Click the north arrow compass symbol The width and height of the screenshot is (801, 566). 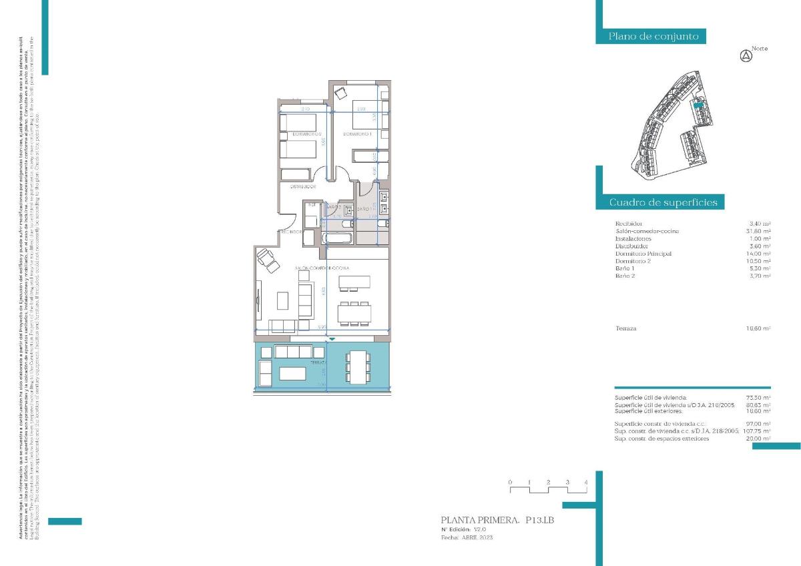click(746, 56)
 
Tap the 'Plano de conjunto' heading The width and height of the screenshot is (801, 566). click(653, 36)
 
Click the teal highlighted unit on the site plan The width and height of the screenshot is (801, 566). click(699, 105)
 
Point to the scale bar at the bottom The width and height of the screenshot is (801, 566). click(547, 490)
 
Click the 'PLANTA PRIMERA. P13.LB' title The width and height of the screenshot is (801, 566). click(497, 519)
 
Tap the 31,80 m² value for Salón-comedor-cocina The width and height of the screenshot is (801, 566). click(760, 231)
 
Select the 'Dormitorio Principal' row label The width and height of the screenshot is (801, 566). click(642, 254)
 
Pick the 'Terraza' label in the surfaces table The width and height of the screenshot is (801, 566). click(625, 328)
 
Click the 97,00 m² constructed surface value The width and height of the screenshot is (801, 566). click(758, 424)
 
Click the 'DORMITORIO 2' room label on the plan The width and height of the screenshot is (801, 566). click(298, 134)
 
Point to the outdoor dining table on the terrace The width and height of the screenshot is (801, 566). click(358, 366)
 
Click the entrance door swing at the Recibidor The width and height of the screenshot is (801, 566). click(286, 220)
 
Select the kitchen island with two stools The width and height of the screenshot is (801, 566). click(353, 283)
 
